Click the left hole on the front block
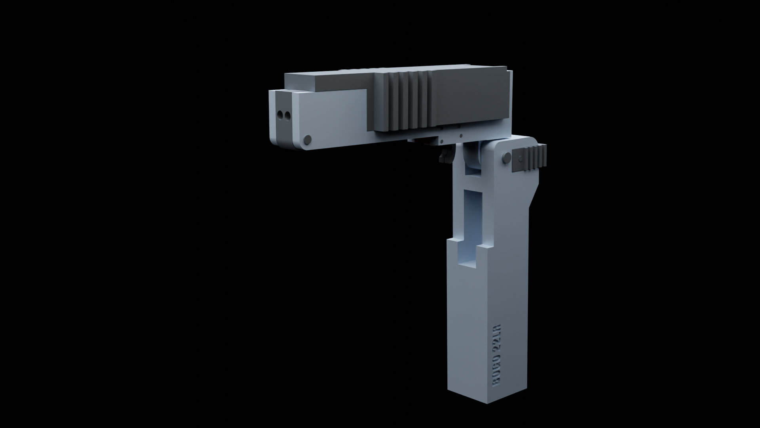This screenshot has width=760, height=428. [x=281, y=115]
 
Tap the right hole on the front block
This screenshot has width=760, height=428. [x=288, y=115]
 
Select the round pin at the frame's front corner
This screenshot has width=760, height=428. [x=307, y=139]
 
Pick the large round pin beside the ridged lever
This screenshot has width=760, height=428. [x=505, y=158]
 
